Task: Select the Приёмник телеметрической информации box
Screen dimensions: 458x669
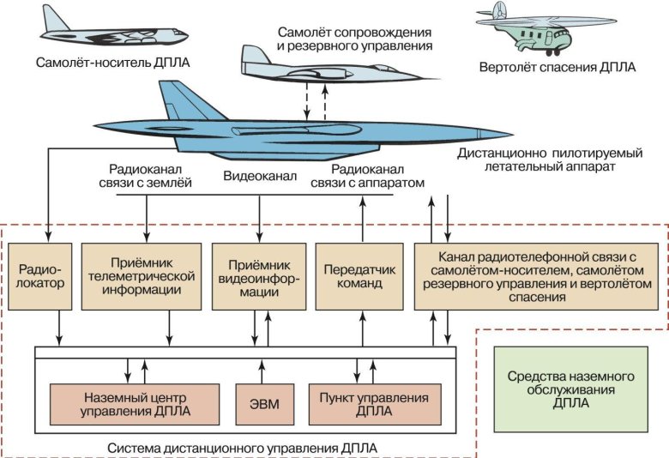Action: pos(145,276)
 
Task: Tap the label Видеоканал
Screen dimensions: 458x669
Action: pos(260,177)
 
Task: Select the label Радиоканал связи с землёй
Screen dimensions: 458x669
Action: pos(149,176)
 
